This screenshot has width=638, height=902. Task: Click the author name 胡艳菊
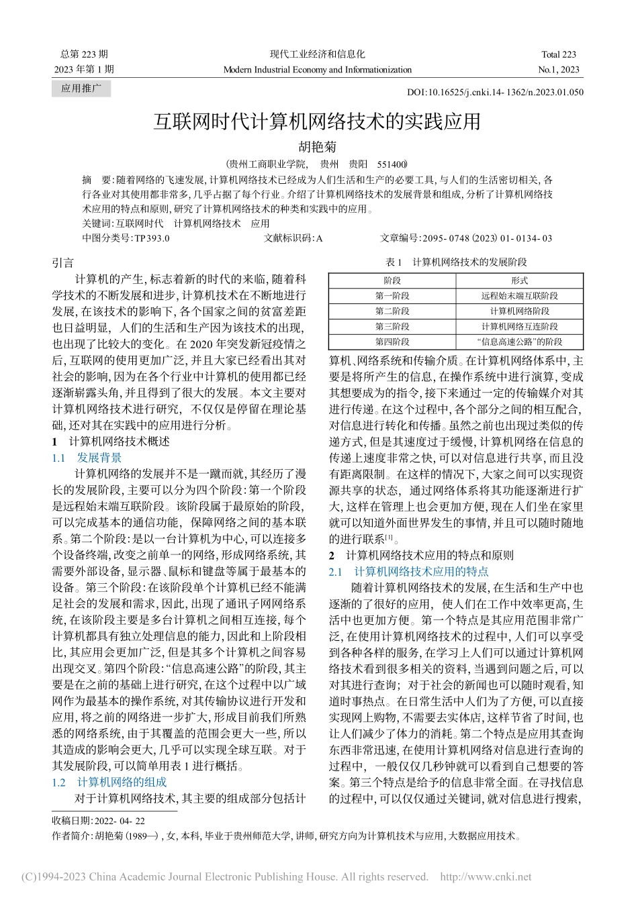(x=317, y=146)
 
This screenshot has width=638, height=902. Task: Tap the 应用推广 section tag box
(x=81, y=89)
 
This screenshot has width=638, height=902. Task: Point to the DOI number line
(x=495, y=93)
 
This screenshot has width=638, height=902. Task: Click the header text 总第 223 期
(x=84, y=54)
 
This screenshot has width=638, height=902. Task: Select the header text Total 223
(x=559, y=54)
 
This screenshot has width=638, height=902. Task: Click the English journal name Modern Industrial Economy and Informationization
(x=317, y=69)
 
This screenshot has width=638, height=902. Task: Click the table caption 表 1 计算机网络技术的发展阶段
(x=455, y=262)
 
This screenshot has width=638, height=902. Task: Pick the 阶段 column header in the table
(x=392, y=281)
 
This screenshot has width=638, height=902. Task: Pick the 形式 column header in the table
(x=519, y=281)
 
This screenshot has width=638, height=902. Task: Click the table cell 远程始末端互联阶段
(x=519, y=296)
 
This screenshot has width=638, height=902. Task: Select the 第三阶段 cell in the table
(x=392, y=326)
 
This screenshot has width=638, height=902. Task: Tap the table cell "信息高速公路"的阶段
(x=519, y=342)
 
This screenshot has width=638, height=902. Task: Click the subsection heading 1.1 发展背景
(x=87, y=458)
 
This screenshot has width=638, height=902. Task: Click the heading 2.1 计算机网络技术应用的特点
(x=409, y=571)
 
